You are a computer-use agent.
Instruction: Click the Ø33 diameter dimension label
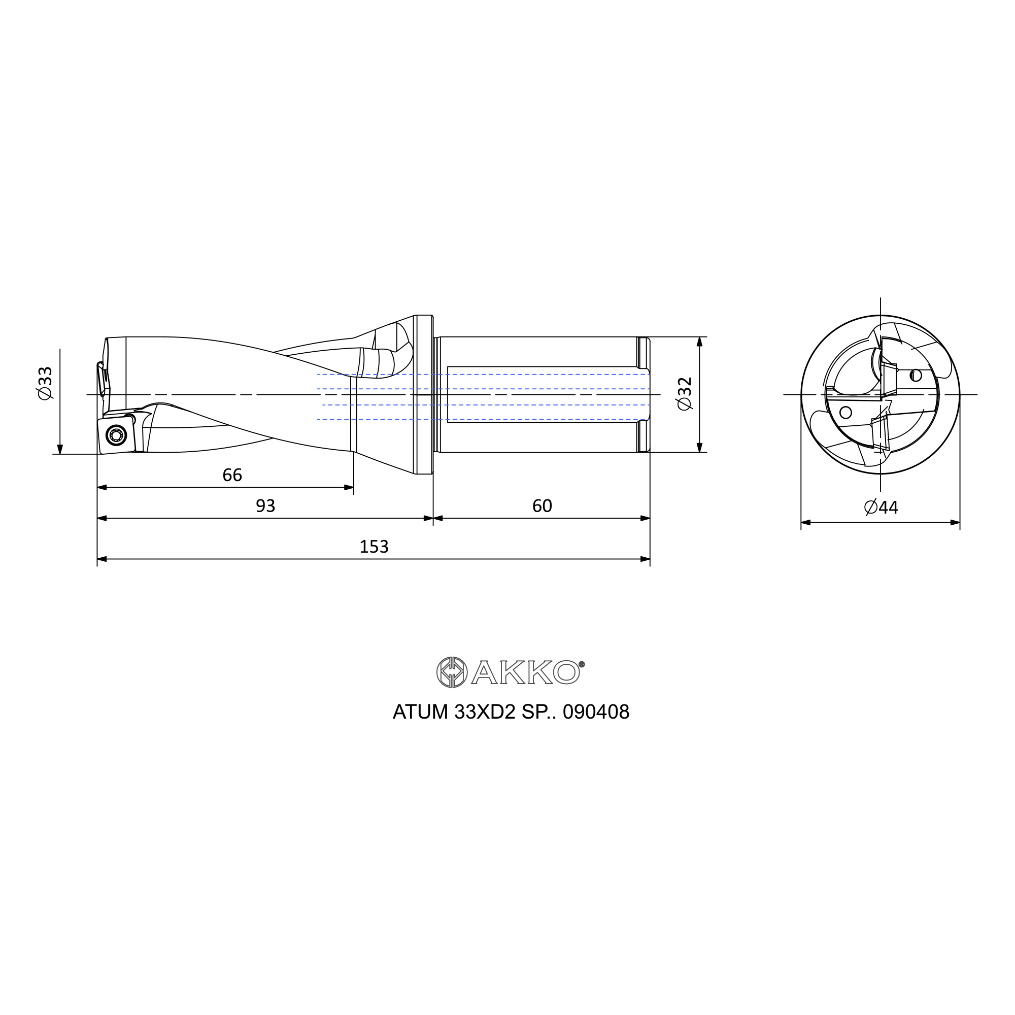click(46, 383)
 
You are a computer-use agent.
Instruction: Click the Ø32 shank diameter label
click(685, 393)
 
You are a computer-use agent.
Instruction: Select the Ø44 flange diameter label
click(881, 507)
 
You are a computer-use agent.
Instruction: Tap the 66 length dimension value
click(232, 475)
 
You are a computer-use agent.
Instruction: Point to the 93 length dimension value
click(265, 505)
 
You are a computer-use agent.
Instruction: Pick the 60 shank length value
click(542, 505)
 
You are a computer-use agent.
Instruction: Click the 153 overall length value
click(374, 547)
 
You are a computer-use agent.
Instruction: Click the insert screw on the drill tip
click(116, 434)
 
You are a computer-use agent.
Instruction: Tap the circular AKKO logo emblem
click(452, 672)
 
